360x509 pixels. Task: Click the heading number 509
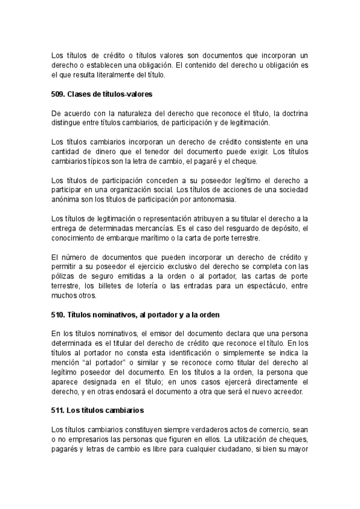point(58,94)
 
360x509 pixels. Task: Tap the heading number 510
point(58,315)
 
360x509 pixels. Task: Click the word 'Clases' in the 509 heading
point(79,94)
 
